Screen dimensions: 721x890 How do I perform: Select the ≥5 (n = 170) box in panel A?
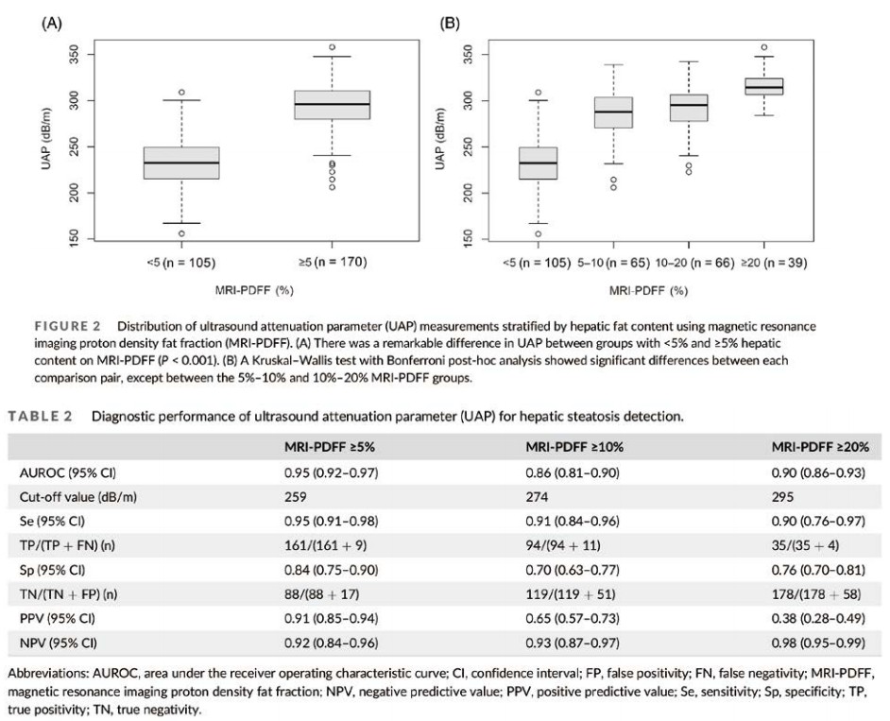point(318,104)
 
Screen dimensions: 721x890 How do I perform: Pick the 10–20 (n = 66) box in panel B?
point(689,107)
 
